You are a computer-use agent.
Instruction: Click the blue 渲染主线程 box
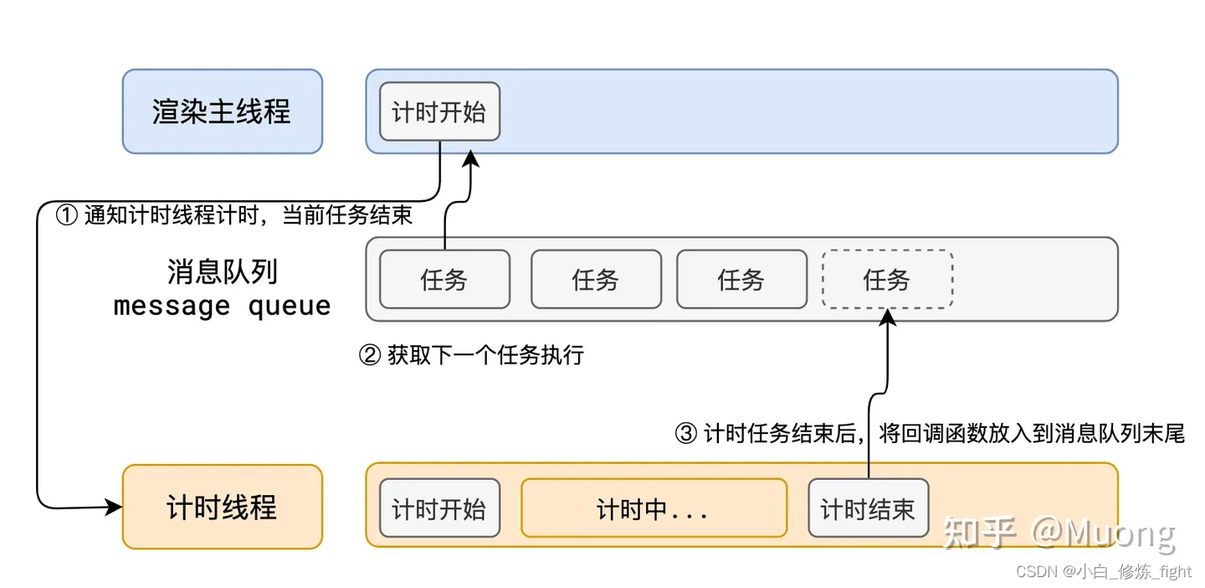tap(222, 111)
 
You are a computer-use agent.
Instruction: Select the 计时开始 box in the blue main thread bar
tap(439, 111)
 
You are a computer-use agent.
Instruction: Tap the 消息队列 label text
tap(222, 271)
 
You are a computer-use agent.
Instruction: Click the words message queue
tap(222, 306)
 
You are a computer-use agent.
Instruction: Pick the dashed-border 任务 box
tap(887, 279)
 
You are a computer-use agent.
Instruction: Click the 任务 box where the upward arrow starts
tap(444, 279)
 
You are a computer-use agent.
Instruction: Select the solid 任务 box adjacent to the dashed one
tap(741, 279)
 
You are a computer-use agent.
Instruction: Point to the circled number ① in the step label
tap(66, 215)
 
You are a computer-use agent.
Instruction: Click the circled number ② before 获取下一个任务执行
tap(369, 356)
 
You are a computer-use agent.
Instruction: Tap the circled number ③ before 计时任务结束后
tap(685, 433)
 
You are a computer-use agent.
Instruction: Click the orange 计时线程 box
tap(222, 507)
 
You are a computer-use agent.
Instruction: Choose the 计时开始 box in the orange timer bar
tap(439, 508)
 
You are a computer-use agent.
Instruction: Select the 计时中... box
tap(654, 508)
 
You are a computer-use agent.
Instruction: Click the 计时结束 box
tap(868, 508)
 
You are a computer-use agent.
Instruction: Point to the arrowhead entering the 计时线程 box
tap(114, 506)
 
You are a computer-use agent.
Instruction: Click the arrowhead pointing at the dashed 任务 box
tap(888, 317)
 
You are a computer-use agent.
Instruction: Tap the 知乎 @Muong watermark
tap(1059, 533)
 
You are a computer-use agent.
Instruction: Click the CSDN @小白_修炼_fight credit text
tap(1103, 571)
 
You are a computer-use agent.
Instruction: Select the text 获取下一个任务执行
tap(485, 356)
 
